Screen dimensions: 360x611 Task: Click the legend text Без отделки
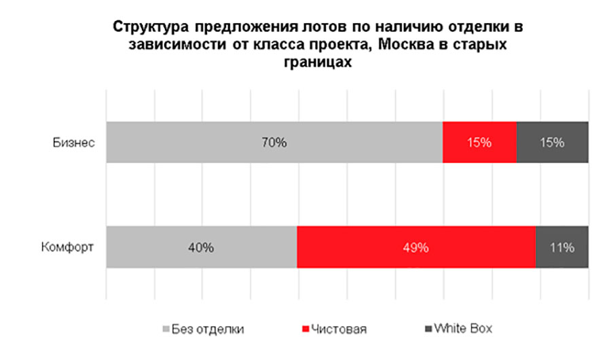208,329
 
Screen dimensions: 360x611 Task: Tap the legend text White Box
463,329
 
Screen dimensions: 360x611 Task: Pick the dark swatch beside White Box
428,329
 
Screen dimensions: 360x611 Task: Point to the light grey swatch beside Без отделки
165,329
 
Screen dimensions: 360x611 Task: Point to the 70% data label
275,143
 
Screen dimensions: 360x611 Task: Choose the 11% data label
562,247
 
